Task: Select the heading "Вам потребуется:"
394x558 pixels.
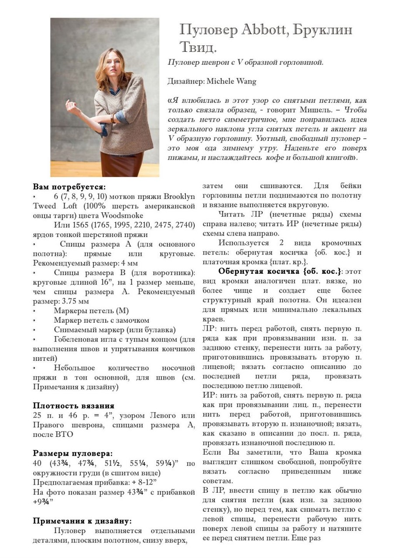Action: [x=69, y=187]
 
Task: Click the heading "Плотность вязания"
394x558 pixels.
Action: [x=74, y=406]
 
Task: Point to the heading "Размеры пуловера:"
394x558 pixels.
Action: [x=73, y=453]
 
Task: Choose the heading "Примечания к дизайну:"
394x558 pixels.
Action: [x=82, y=521]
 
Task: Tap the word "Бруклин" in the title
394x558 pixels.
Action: [x=323, y=30]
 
